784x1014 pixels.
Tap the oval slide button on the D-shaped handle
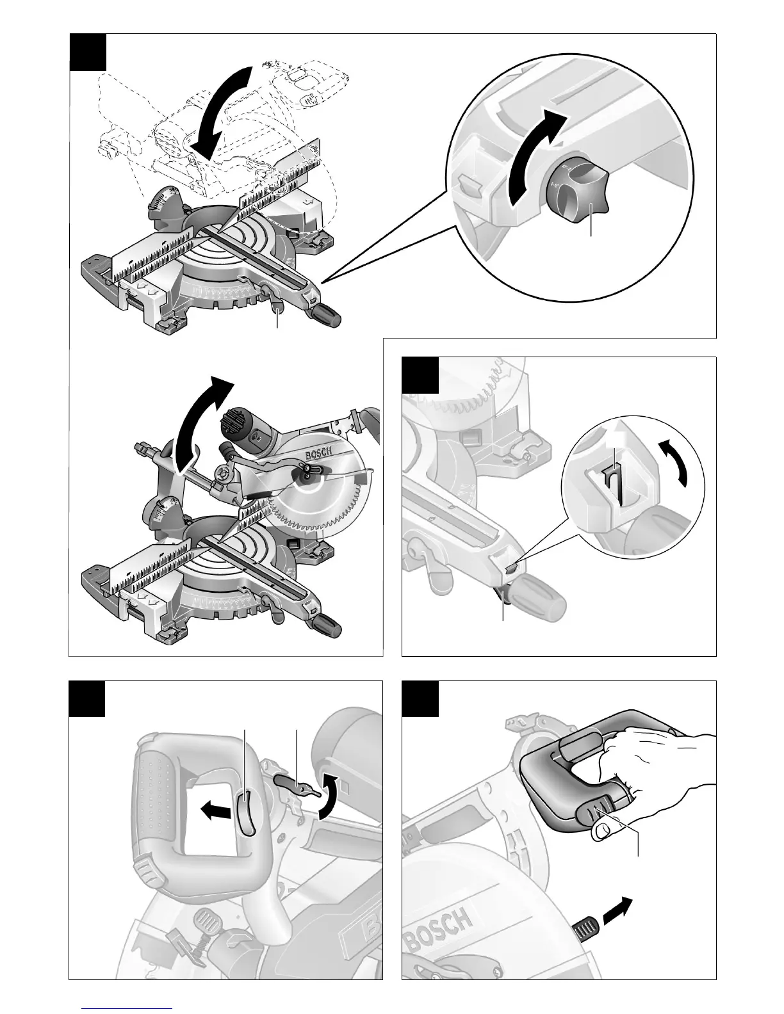245,813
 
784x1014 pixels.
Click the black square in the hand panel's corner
420,698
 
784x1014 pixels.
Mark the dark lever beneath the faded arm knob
502,597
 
